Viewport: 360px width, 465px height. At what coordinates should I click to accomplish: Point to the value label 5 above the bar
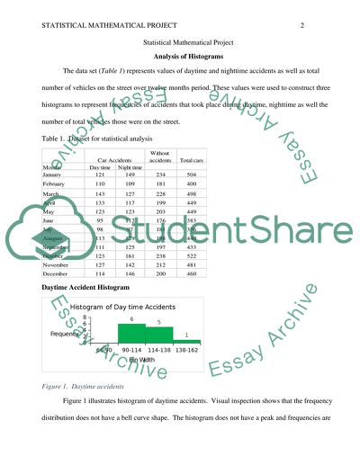159,322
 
